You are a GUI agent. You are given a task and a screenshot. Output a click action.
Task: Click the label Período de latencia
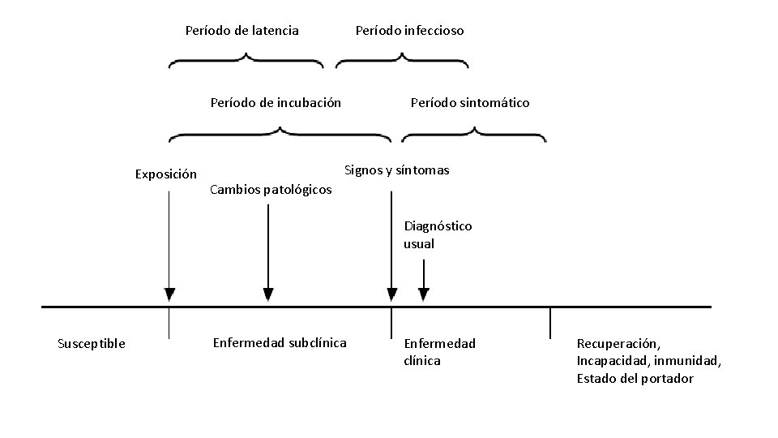pos(242,31)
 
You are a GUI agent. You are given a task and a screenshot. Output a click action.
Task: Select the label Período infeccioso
pos(409,31)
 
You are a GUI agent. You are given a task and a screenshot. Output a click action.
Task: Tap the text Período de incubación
pos(276,102)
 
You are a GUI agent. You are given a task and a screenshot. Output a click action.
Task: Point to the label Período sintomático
pos(470,102)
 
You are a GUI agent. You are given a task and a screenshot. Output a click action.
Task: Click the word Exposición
pos(165,174)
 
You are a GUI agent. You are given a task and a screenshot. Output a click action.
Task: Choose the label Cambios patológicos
pos(270,190)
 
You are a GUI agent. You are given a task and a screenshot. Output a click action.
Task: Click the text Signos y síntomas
pos(396,170)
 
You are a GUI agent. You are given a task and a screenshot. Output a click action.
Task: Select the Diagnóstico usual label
pos(437,234)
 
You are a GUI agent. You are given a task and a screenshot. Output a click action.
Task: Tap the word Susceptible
pos(92,343)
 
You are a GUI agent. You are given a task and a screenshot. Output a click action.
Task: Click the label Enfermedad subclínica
pos(279,342)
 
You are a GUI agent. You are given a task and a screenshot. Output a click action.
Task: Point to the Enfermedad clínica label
pos(439,351)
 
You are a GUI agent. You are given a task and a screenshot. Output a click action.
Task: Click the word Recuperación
pos(618,344)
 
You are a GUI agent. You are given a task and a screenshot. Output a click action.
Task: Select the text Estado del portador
pos(635,378)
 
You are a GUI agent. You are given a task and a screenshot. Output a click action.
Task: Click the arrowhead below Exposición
pos(169,294)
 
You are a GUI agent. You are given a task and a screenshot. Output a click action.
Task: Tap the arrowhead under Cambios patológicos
pos(269,294)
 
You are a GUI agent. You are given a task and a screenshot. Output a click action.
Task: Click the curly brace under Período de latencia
pos(246,61)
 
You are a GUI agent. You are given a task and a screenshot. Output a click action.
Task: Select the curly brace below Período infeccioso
pos(402,61)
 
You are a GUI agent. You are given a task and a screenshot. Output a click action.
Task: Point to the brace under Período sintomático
pos(474,132)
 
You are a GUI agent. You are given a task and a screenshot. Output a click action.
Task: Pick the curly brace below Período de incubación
pos(280,132)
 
